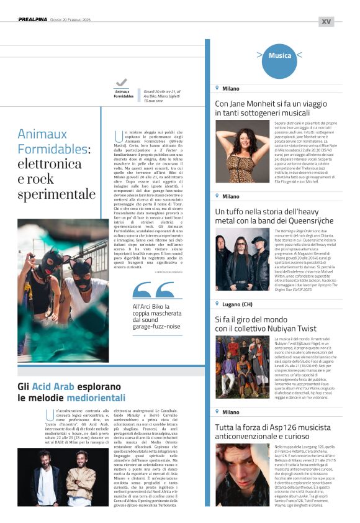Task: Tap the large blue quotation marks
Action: pos(153,290)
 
